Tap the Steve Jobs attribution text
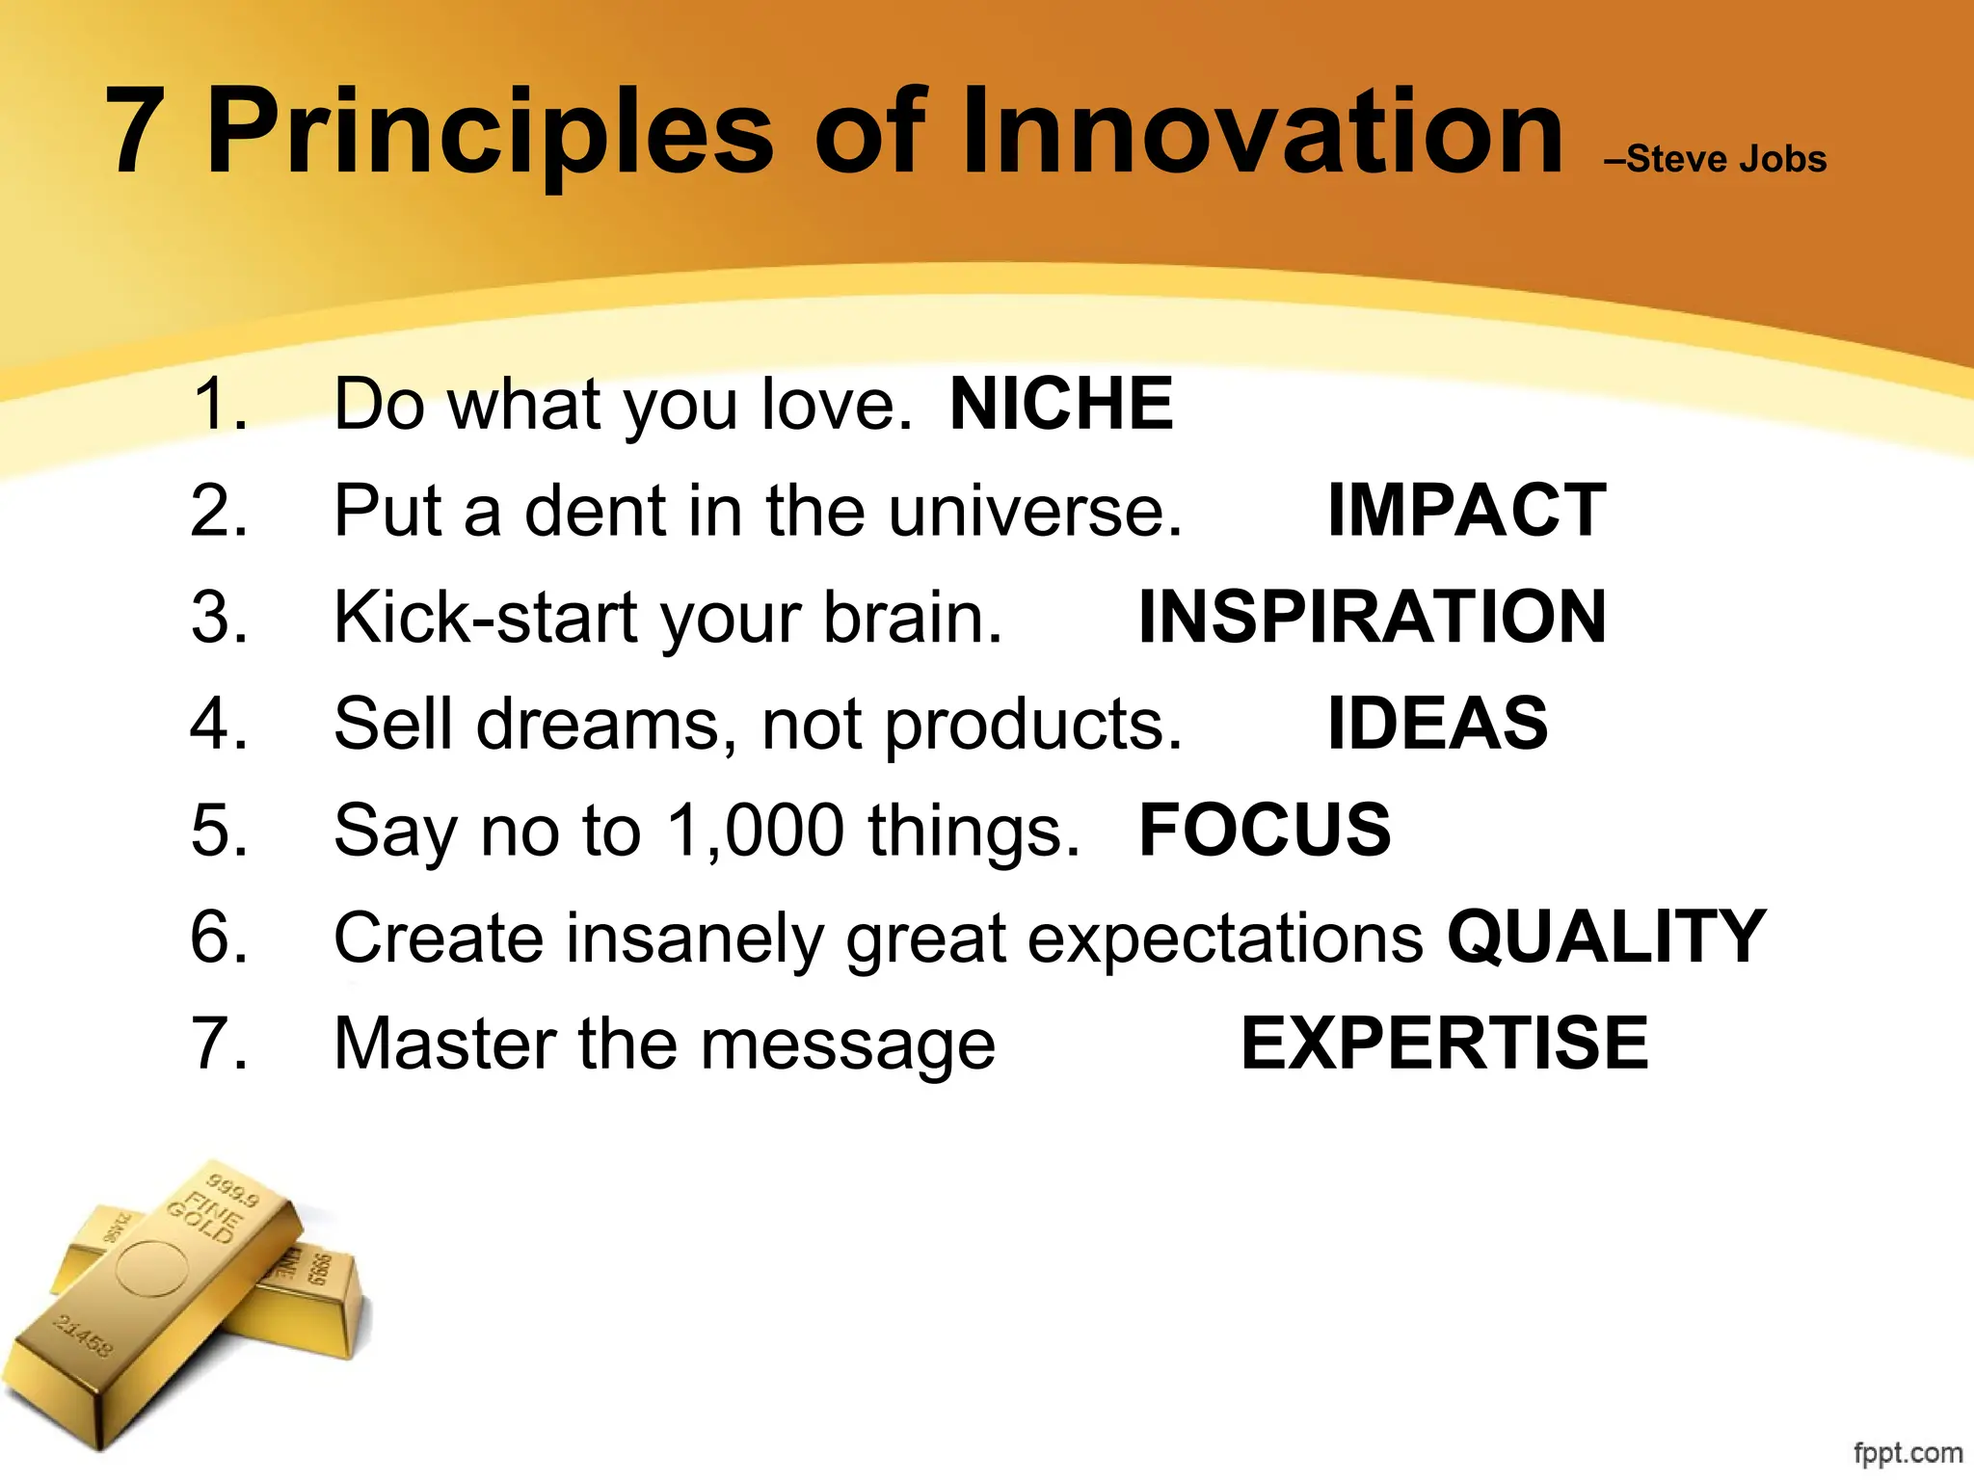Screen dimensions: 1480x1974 click(x=1716, y=159)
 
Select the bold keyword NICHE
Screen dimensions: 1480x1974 click(x=1061, y=404)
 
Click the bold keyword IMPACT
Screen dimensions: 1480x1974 click(x=1466, y=511)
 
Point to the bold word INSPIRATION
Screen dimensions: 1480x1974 click(x=1373, y=617)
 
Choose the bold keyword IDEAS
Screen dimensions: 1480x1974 click(x=1437, y=723)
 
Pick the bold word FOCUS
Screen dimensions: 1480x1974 click(x=1265, y=830)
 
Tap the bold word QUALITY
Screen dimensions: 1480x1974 click(x=1606, y=937)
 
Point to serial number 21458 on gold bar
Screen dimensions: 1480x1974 click(x=83, y=1335)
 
